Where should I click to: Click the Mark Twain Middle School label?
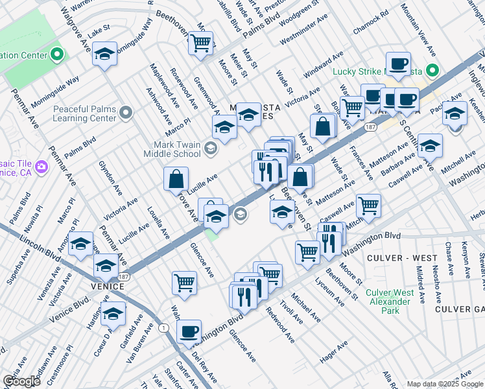(168, 150)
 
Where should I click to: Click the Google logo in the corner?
(21, 381)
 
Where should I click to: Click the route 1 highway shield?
(164, 329)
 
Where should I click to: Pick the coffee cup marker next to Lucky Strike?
(397, 64)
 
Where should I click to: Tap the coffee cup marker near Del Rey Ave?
(189, 331)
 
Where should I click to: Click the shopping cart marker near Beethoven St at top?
(201, 43)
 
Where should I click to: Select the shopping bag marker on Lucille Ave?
(176, 178)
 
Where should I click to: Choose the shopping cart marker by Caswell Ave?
(368, 206)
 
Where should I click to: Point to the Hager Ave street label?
(335, 352)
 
